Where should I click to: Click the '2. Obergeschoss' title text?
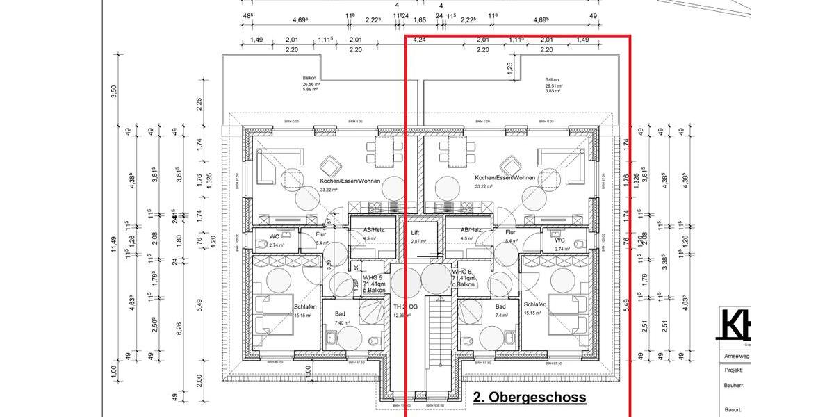coord(530,398)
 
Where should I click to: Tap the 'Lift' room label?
coord(415,233)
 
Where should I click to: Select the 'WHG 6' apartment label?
coord(462,272)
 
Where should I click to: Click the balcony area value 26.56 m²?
coord(310,85)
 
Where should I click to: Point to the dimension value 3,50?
coord(114,92)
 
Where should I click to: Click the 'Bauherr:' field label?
coord(734,384)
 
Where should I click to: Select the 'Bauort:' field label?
coord(733,410)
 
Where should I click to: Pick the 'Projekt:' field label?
coord(734,370)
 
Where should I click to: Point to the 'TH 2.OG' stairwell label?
coord(404,307)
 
